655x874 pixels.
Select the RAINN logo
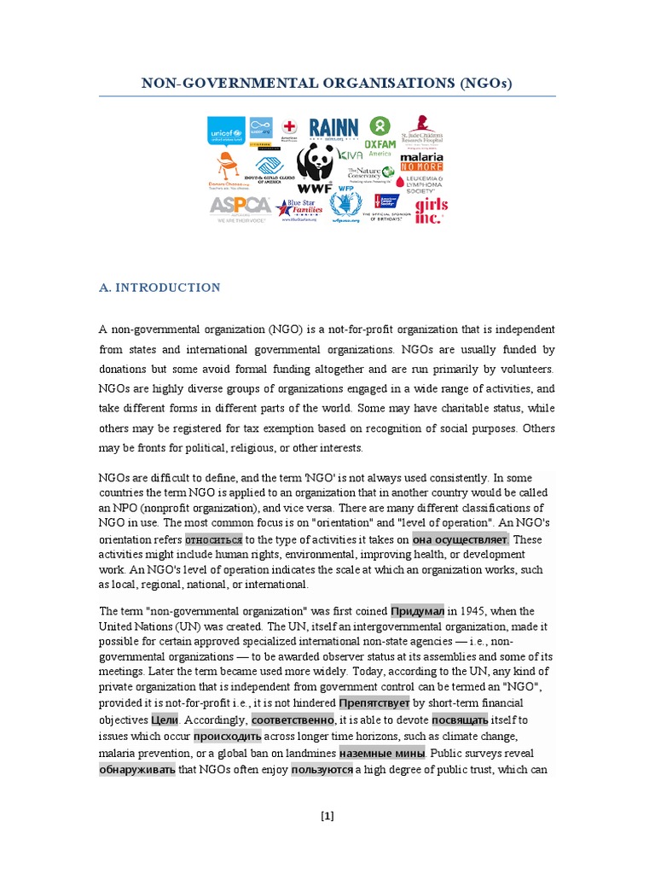(333, 130)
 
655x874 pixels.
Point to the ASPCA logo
(240, 207)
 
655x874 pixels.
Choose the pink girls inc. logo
(431, 210)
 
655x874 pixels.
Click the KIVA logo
(351, 154)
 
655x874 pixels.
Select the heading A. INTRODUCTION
(159, 288)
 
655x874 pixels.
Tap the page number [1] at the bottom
(327, 816)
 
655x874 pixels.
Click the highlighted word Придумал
(417, 611)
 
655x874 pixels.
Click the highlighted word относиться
(214, 539)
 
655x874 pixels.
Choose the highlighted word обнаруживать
(137, 770)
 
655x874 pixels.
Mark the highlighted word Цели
(165, 720)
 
